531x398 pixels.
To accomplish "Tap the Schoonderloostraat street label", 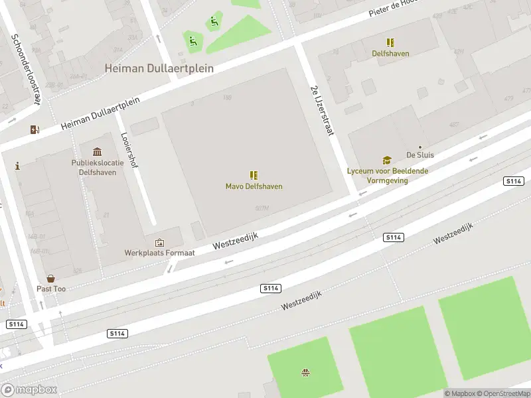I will click(x=25, y=69).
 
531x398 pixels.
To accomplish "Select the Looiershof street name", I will click(x=129, y=151).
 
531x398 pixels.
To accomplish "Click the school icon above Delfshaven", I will click(x=390, y=42).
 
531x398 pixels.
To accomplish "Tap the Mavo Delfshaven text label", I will click(x=254, y=186).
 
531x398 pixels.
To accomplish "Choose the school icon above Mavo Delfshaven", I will click(x=254, y=175).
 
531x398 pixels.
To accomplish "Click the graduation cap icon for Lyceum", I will click(x=386, y=160).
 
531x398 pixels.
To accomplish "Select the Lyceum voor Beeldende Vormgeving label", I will click(x=387, y=175).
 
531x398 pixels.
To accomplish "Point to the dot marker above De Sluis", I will click(x=419, y=147).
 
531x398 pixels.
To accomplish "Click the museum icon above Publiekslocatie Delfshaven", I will click(x=98, y=152).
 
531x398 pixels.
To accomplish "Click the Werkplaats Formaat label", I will click(x=159, y=253).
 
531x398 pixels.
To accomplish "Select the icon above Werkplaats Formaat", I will click(x=159, y=243).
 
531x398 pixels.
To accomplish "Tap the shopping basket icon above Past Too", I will click(x=50, y=279).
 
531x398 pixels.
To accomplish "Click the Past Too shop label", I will click(x=50, y=289).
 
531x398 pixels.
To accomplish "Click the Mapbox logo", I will click(x=29, y=390).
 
